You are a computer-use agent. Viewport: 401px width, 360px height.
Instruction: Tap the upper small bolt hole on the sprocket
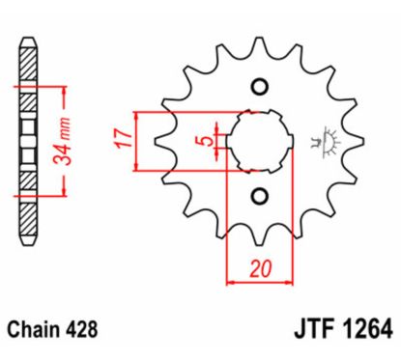(258, 88)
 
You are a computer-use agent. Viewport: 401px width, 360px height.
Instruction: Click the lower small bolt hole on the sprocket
(258, 197)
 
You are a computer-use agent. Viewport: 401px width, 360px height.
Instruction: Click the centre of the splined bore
(258, 142)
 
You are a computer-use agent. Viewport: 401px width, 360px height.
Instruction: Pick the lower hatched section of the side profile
(31, 212)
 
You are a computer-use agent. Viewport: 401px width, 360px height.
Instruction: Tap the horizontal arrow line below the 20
(258, 284)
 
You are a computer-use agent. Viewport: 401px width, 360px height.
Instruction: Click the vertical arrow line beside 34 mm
(65, 140)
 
